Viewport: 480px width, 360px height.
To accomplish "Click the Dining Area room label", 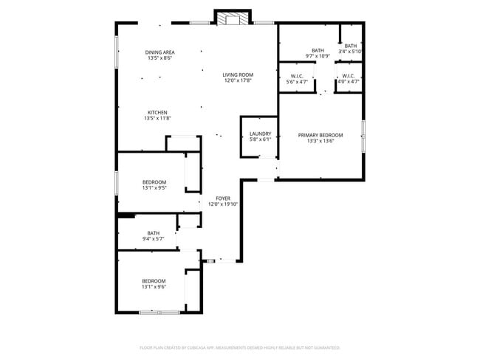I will (160, 52).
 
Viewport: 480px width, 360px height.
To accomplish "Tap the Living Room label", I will (238, 75).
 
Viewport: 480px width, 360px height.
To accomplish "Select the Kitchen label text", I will (157, 112).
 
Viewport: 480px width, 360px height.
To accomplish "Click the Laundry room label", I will (259, 134).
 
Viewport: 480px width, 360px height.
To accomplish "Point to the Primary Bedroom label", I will (320, 135).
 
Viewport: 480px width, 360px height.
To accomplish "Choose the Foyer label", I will (223, 198).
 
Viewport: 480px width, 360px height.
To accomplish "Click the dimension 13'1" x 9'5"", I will (154, 188).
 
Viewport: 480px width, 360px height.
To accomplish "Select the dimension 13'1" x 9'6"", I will (154, 287).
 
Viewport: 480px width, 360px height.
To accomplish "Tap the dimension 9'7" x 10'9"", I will (318, 56).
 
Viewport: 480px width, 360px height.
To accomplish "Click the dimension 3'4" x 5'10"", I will (350, 52).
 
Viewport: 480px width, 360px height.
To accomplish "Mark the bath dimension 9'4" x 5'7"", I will (153, 239).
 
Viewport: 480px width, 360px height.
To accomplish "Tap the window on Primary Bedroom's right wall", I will (363, 136).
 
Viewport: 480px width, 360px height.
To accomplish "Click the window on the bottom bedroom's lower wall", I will (159, 313).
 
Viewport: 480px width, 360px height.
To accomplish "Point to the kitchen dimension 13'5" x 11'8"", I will (157, 118).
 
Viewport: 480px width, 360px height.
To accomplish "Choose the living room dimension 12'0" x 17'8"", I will (238, 80).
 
